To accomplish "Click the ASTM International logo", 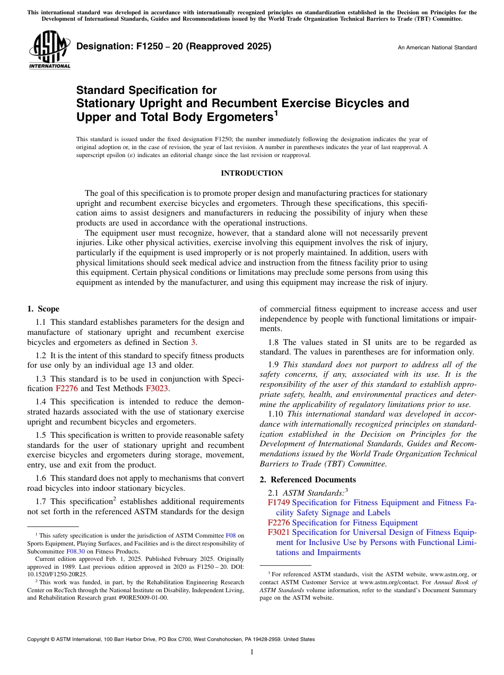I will [x=49, y=50].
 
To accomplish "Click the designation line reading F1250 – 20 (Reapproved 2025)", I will [x=174, y=46].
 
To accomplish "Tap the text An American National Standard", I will [x=437, y=48].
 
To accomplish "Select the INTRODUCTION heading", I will [x=251, y=174].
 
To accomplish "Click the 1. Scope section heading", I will [x=44, y=309].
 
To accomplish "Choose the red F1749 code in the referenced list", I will [x=279, y=503].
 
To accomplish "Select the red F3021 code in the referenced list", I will [x=279, y=532].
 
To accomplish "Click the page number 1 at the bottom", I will [x=252, y=652].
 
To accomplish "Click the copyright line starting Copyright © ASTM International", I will [x=171, y=639].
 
